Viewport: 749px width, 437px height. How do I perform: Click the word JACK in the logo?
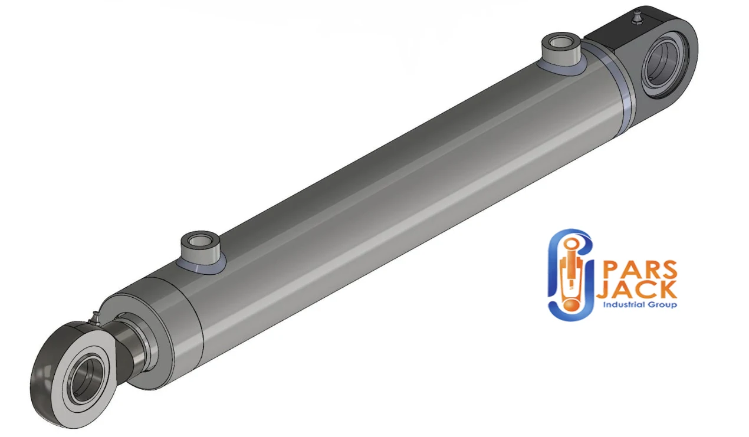[x=637, y=290]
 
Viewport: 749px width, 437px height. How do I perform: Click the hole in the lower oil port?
[x=199, y=240]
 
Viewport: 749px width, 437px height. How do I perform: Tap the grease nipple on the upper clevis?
[x=636, y=17]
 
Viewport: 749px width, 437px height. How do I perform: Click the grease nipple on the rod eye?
[x=94, y=318]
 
